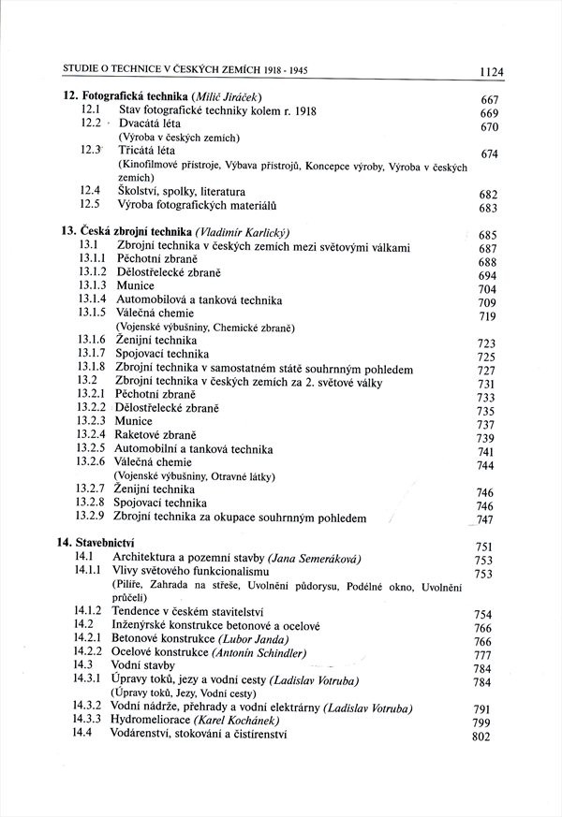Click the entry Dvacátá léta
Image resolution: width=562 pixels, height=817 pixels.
click(150, 124)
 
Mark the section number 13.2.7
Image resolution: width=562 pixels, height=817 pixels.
click(92, 489)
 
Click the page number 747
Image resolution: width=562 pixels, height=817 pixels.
click(484, 520)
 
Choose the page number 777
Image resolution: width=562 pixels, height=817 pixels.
click(484, 655)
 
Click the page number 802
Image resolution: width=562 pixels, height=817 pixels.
click(481, 737)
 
